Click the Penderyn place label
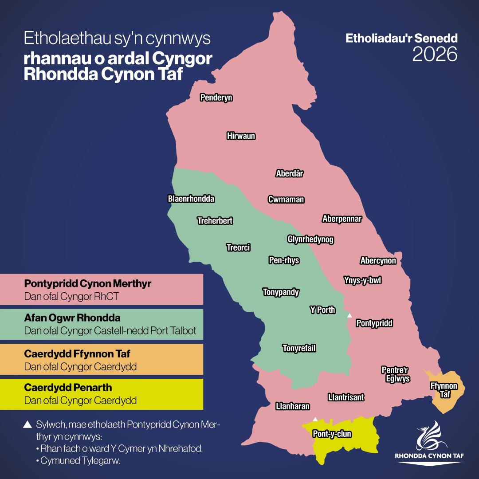[x=216, y=98]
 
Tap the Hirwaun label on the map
[x=241, y=136]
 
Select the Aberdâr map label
[x=290, y=173]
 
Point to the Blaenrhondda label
[x=191, y=199]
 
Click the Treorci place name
[x=238, y=247]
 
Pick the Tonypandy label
[x=281, y=292]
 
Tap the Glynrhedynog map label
[x=310, y=239]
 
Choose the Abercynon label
[x=378, y=261]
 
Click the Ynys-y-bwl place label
[x=362, y=280]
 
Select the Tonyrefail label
[x=299, y=348]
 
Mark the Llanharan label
[x=292, y=406]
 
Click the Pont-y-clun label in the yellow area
[x=332, y=434]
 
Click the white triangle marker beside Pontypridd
[x=349, y=315]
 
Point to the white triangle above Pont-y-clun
[x=315, y=419]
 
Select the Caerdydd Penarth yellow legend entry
[x=102, y=394]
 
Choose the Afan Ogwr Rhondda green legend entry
[x=102, y=324]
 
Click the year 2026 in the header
[x=435, y=54]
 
